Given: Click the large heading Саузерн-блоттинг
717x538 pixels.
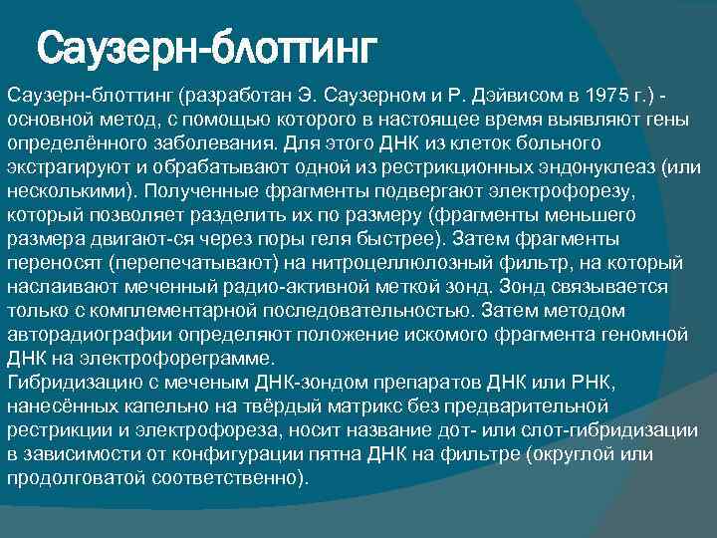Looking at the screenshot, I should click(208, 48).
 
